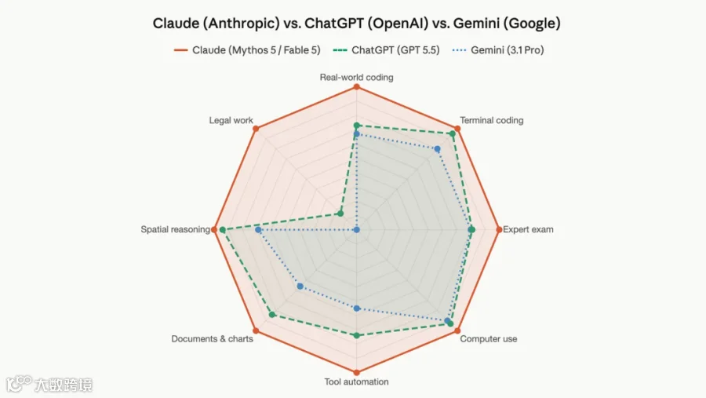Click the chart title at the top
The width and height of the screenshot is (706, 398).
click(x=356, y=23)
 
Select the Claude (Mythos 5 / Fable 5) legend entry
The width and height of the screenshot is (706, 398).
click(x=247, y=50)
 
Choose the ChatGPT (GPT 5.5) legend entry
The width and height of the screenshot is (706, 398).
click(x=386, y=50)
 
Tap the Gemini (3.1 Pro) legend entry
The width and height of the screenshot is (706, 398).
click(x=498, y=50)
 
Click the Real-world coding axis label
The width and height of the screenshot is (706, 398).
click(x=357, y=77)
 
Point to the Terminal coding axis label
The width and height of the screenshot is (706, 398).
click(x=492, y=120)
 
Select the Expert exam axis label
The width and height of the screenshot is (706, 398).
click(x=528, y=229)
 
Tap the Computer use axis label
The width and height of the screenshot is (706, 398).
click(x=489, y=339)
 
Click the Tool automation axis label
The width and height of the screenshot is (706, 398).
click(x=357, y=382)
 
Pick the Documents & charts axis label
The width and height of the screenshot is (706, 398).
click(x=212, y=339)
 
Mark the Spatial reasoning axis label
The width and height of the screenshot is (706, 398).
click(x=176, y=229)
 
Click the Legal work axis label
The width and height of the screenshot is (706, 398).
click(x=231, y=120)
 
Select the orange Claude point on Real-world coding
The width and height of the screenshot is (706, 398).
click(x=357, y=86)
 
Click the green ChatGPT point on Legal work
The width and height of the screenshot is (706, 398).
click(x=340, y=214)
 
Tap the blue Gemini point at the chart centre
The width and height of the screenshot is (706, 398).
click(x=357, y=230)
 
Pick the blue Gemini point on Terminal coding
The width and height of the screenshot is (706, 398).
click(x=437, y=148)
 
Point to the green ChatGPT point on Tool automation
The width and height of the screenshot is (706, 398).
click(x=357, y=335)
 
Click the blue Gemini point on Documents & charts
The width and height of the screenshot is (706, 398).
click(x=300, y=287)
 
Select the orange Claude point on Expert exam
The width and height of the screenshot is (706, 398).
click(x=499, y=230)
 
